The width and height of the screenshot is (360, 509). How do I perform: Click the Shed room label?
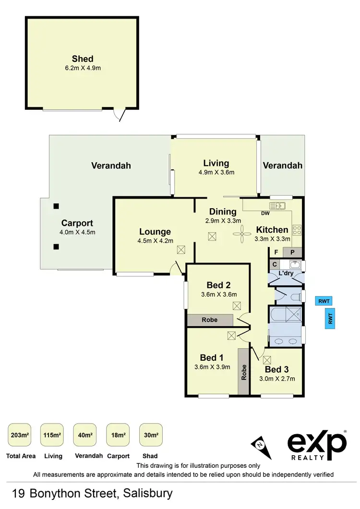(x=83, y=59)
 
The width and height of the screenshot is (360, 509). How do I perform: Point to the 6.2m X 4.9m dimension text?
(x=83, y=68)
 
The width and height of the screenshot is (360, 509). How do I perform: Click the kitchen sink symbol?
(x=277, y=206)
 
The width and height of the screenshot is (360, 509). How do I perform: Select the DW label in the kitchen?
(x=265, y=213)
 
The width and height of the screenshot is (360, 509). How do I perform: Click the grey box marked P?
(x=292, y=252)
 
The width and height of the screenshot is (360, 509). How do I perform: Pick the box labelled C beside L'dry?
(x=274, y=264)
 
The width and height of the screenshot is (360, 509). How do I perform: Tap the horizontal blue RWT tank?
(x=324, y=301)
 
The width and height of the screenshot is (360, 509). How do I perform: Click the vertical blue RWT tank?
(x=330, y=318)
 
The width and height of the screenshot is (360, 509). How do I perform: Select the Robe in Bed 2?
(x=210, y=320)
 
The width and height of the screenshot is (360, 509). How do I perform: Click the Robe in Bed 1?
(x=244, y=372)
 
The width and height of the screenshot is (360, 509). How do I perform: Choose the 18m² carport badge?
(x=118, y=435)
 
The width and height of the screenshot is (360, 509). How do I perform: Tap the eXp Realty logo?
(x=317, y=445)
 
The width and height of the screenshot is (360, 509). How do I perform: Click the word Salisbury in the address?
(x=148, y=493)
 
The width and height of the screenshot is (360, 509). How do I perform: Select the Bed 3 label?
(x=277, y=369)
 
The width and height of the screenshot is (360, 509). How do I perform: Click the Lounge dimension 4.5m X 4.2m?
(x=156, y=241)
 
